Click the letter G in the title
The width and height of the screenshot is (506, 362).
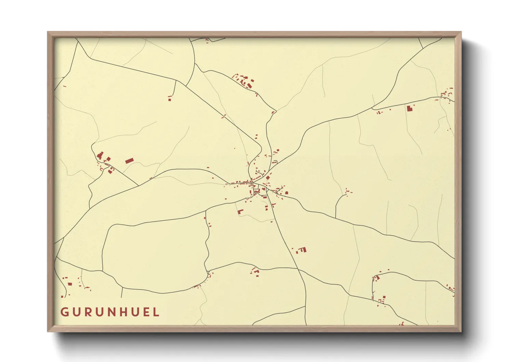click(x=64, y=312)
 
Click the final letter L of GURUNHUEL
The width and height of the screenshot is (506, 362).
click(x=157, y=312)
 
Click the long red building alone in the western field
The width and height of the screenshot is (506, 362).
click(x=129, y=160)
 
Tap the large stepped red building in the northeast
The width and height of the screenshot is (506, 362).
click(x=410, y=108)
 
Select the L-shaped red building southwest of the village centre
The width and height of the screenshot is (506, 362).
click(x=240, y=212)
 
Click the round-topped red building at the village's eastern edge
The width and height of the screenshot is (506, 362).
click(x=287, y=193)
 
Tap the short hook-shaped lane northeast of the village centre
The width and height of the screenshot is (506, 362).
click(x=275, y=162)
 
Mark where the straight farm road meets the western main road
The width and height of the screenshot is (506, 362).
click(x=138, y=186)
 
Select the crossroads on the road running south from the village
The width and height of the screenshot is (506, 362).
click(x=298, y=269)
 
